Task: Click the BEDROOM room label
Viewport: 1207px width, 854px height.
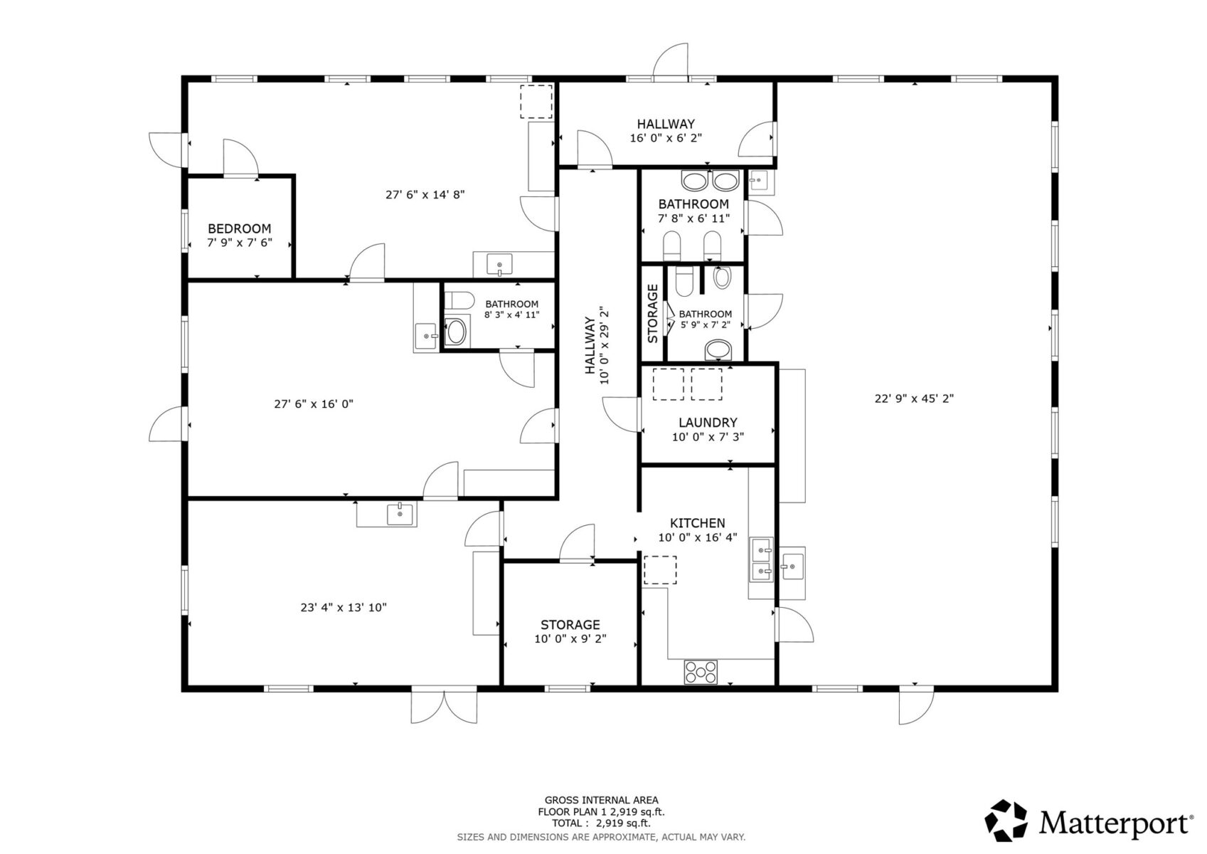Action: coord(239,228)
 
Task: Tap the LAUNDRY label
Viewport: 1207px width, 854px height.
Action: coord(708,423)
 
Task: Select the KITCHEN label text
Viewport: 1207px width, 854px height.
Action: coord(697,523)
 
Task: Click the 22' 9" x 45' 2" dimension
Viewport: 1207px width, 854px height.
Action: coord(914,399)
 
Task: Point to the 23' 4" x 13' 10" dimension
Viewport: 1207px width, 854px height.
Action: coord(344,608)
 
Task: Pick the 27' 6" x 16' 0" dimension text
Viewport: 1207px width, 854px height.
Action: coord(314,404)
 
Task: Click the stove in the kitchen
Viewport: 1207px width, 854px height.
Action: coord(701,673)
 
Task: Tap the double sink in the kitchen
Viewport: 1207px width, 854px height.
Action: coord(761,559)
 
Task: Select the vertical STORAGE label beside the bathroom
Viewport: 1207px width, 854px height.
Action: coord(652,314)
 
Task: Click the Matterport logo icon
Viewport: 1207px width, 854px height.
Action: coord(1006,821)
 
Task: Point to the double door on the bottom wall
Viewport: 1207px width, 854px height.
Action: coord(443,706)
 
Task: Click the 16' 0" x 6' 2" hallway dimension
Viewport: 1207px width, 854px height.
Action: coord(666,138)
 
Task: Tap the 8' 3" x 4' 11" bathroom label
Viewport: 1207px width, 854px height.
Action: coord(511,315)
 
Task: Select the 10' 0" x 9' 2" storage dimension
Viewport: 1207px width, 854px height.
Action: coord(570,639)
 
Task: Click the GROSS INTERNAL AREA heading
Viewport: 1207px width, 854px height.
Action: coord(601,801)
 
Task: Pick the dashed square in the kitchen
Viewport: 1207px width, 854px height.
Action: coord(660,571)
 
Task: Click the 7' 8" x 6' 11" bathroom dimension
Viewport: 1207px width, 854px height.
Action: coord(693,218)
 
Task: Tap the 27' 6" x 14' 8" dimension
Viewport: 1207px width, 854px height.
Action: coord(425,194)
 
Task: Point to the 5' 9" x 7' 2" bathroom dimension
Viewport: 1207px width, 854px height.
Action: coord(705,325)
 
